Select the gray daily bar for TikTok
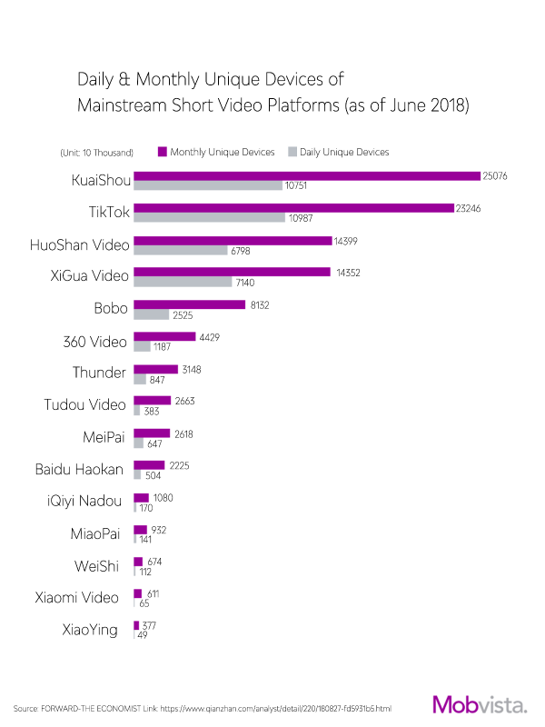click(208, 218)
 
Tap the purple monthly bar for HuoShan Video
click(233, 240)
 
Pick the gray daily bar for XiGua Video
click(183, 283)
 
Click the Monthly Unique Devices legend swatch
click(162, 152)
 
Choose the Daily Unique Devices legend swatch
click(292, 152)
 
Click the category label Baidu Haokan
click(79, 470)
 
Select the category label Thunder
click(99, 373)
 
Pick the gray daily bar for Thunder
click(142, 379)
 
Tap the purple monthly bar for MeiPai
click(152, 433)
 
